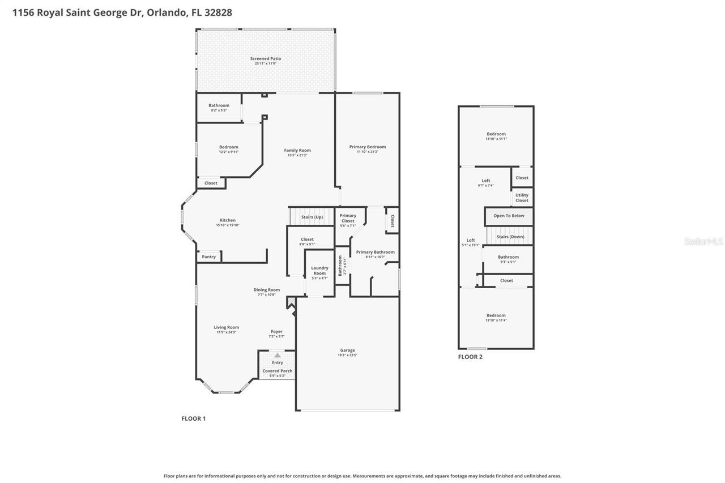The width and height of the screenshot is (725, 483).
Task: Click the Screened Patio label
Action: (266, 59)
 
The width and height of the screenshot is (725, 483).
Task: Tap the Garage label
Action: (347, 351)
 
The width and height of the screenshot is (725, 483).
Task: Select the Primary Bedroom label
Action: (367, 147)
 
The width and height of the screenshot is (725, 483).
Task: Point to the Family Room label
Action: (297, 151)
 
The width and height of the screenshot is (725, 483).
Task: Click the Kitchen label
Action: (228, 221)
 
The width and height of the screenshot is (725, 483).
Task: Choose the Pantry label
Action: (208, 257)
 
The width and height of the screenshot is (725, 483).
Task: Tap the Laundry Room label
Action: (319, 271)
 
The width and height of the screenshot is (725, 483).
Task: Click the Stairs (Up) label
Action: (312, 217)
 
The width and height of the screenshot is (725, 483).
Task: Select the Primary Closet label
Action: (348, 218)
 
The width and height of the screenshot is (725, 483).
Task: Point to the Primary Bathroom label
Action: (375, 253)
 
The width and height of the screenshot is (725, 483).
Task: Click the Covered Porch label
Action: (277, 371)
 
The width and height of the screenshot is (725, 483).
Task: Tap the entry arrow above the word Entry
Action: (277, 355)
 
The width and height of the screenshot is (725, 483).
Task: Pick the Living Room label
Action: (226, 327)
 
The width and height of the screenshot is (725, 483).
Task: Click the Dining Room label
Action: (266, 290)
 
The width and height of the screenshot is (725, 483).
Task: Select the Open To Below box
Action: (509, 216)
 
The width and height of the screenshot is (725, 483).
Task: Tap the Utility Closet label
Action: (522, 198)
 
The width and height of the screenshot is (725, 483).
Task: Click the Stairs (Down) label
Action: (510, 237)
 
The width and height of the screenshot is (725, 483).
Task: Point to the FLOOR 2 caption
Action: (470, 357)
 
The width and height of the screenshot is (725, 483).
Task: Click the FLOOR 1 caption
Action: (193, 418)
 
